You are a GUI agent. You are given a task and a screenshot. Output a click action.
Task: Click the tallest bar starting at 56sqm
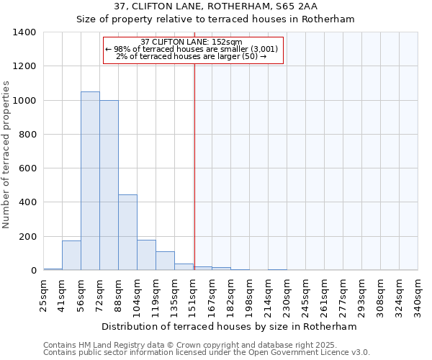coord(90,181)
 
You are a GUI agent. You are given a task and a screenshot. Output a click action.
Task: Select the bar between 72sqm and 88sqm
coord(109,185)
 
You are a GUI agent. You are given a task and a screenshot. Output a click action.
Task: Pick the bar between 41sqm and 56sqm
coord(71,256)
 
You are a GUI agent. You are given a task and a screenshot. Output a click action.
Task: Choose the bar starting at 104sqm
coord(146,255)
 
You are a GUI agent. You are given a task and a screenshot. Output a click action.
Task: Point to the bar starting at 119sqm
coord(165,261)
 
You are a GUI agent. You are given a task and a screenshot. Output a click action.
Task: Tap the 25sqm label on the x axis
coord(43,294)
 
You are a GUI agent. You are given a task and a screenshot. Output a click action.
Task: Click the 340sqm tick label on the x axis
coord(418,294)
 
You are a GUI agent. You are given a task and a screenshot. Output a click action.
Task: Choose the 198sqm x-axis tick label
coord(250,294)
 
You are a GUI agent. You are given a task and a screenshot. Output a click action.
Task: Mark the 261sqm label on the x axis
coord(325,294)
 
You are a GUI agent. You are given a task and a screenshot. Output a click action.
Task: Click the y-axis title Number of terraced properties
coord(7,155)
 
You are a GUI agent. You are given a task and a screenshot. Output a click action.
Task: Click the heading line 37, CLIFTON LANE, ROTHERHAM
coord(215,6)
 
